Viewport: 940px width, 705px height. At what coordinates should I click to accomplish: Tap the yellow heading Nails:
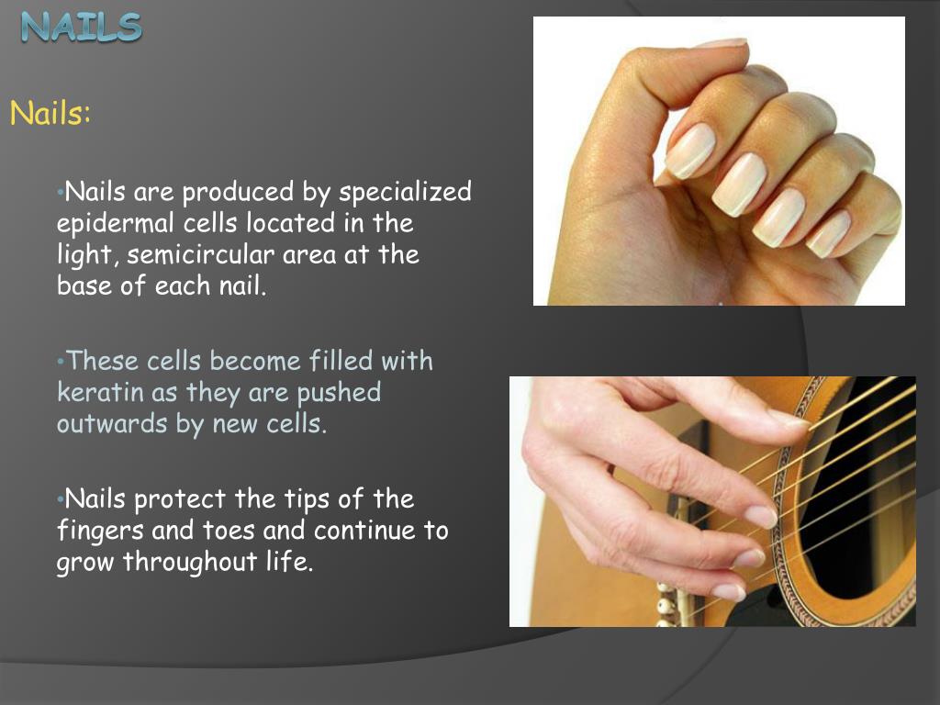tap(50, 116)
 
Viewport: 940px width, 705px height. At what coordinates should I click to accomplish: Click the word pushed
tap(340, 393)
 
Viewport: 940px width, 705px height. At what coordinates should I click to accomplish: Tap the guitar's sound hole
tap(863, 514)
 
